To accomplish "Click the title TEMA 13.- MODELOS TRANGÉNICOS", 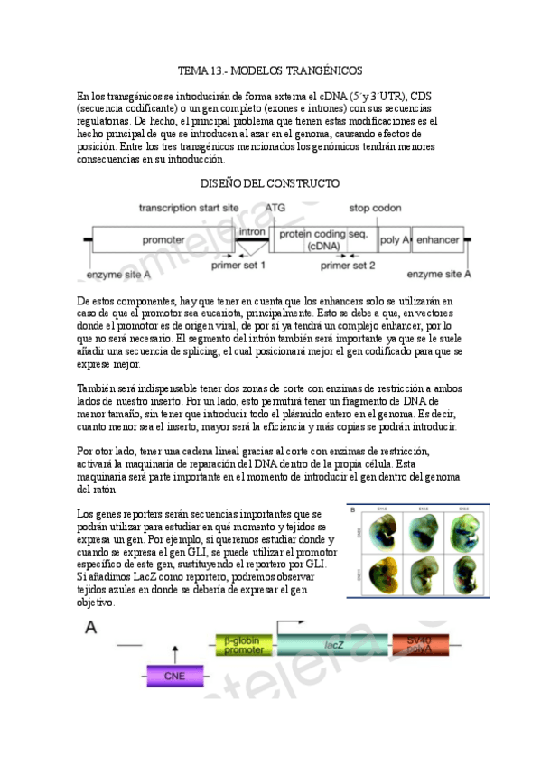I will pyautogui.click(x=270, y=70).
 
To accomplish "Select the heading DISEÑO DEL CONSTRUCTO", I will pyautogui.click(x=270, y=183).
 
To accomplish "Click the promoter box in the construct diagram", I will pyautogui.click(x=163, y=239).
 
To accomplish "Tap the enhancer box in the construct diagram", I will pyautogui.click(x=438, y=239).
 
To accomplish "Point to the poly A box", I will pyautogui.click(x=395, y=239).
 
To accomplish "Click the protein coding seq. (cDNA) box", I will pyautogui.click(x=322, y=239).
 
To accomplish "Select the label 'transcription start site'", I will pyautogui.click(x=188, y=208).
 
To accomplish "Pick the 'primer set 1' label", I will pyautogui.click(x=238, y=266).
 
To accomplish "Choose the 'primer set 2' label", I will pyautogui.click(x=349, y=266).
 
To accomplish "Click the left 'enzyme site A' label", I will pyautogui.click(x=117, y=274).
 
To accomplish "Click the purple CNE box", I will pyautogui.click(x=174, y=675).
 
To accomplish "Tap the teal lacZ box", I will pyautogui.click(x=333, y=645).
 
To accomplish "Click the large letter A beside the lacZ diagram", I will pyautogui.click(x=93, y=628).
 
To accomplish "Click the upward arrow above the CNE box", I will pyautogui.click(x=174, y=654).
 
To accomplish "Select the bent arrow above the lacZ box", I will pyautogui.click(x=292, y=625).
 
